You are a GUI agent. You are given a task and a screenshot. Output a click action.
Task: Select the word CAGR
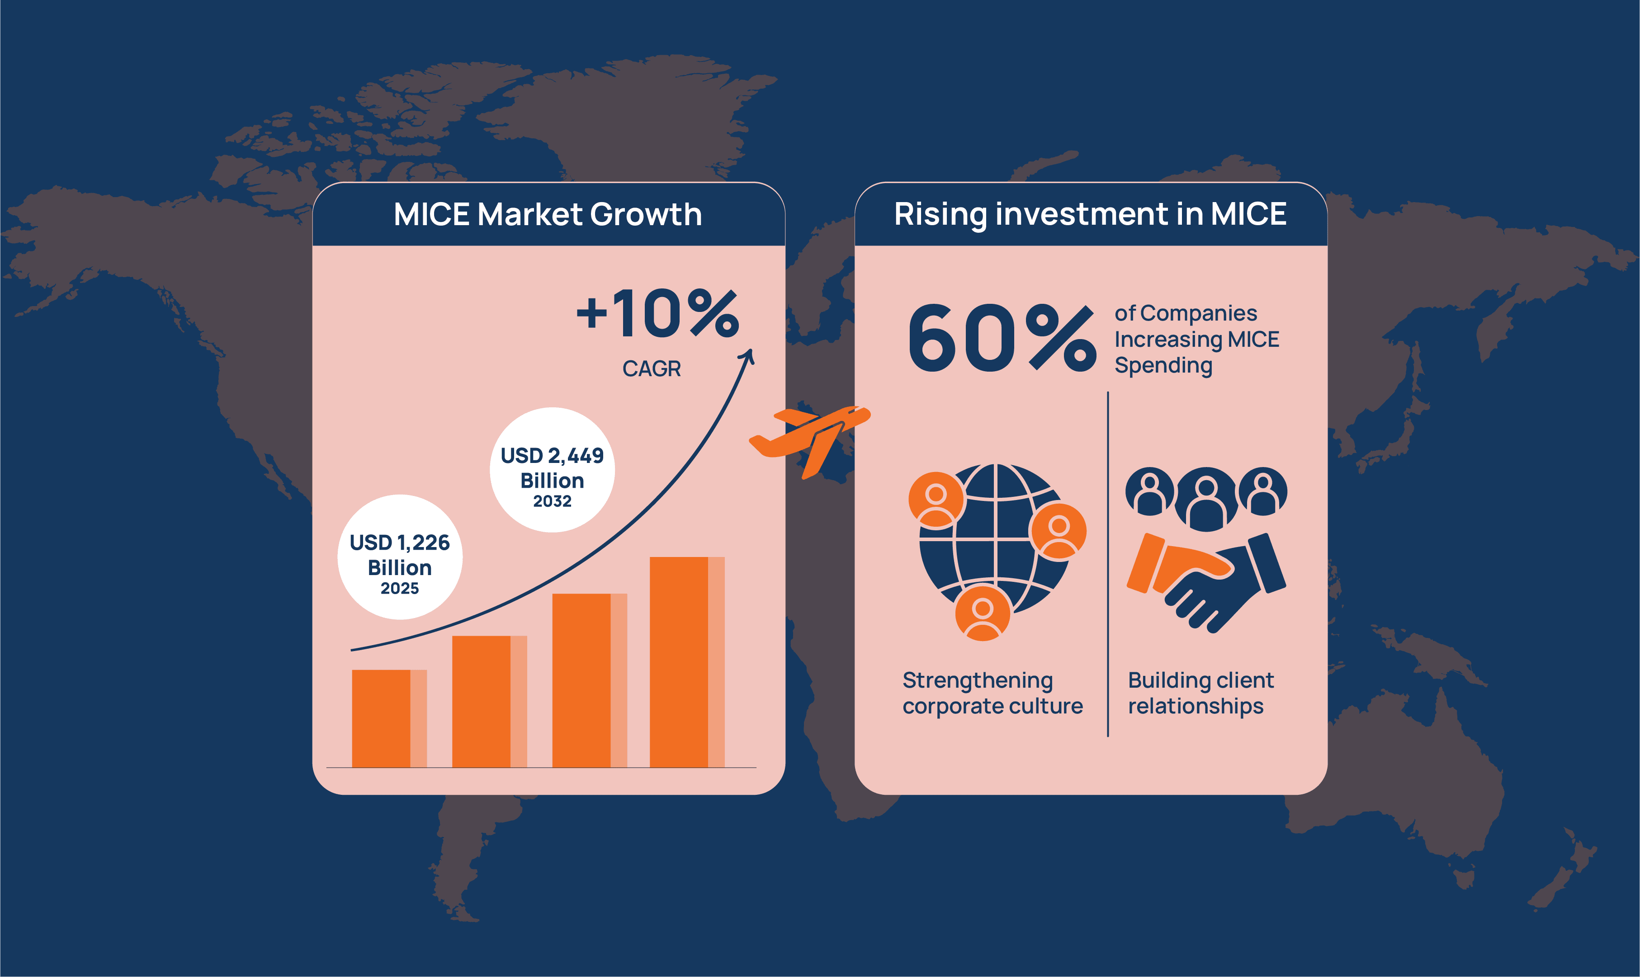click(x=651, y=368)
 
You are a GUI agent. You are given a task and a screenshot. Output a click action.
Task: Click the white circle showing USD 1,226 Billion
click(x=400, y=557)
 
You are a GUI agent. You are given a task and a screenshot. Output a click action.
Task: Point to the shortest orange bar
click(x=389, y=718)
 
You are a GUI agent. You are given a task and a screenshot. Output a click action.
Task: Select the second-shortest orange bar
click(x=489, y=702)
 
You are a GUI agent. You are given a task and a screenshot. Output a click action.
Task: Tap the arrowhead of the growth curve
click(x=747, y=355)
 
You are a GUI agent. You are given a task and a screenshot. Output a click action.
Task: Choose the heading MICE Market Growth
click(x=548, y=215)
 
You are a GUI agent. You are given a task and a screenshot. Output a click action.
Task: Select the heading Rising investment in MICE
click(x=1090, y=215)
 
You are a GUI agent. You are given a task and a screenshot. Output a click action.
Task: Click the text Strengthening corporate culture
click(x=992, y=693)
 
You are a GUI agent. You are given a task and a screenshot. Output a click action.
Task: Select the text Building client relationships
click(x=1201, y=693)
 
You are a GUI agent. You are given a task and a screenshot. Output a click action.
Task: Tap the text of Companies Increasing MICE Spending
click(x=1196, y=340)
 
